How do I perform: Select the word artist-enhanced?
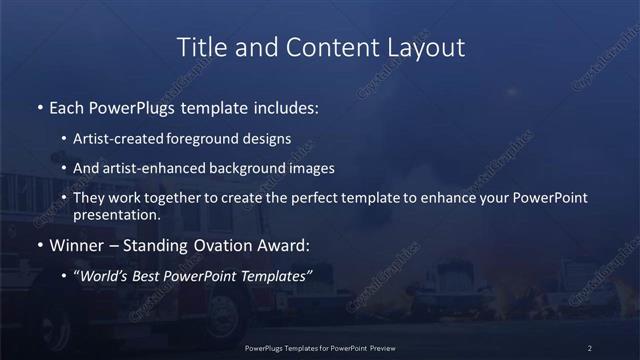[155, 167]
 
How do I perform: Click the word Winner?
[75, 245]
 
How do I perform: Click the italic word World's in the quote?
[106, 276]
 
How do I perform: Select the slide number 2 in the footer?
[590, 348]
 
